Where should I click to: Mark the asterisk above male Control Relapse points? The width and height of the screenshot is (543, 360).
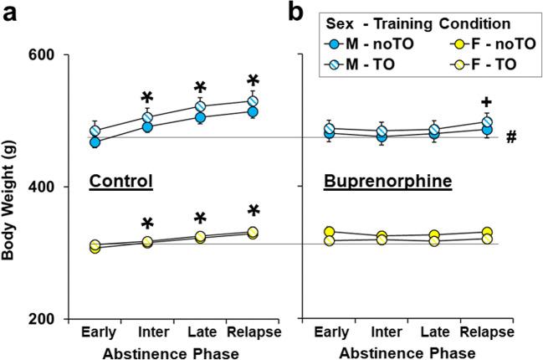pyautogui.click(x=254, y=82)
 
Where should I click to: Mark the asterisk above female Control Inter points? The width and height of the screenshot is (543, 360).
pyautogui.click(x=147, y=225)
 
